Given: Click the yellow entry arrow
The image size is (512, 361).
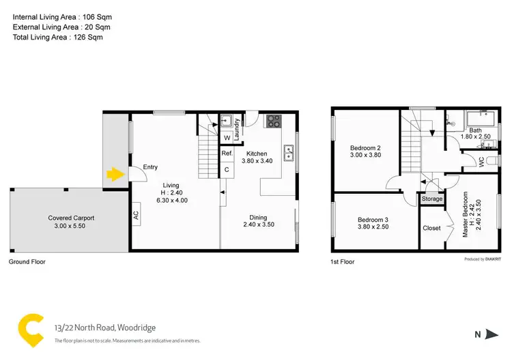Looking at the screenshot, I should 113,175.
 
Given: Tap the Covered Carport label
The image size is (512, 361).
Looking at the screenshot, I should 71,218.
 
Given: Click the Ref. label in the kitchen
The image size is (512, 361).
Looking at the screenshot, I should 227,154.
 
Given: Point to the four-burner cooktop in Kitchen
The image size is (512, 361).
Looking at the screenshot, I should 273,121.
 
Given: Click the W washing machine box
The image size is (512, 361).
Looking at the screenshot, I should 227,138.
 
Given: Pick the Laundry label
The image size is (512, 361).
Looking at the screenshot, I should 237,130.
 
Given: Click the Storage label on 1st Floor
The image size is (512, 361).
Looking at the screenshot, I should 431,199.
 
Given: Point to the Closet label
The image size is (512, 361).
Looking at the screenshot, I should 431,228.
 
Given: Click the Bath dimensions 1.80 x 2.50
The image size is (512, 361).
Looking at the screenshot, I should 475,137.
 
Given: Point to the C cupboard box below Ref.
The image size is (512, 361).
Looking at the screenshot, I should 227,168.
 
